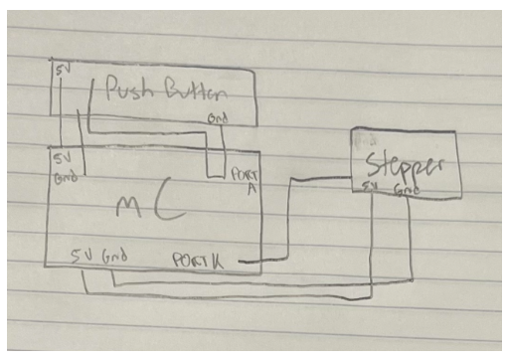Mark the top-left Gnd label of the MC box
[x=63, y=176]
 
